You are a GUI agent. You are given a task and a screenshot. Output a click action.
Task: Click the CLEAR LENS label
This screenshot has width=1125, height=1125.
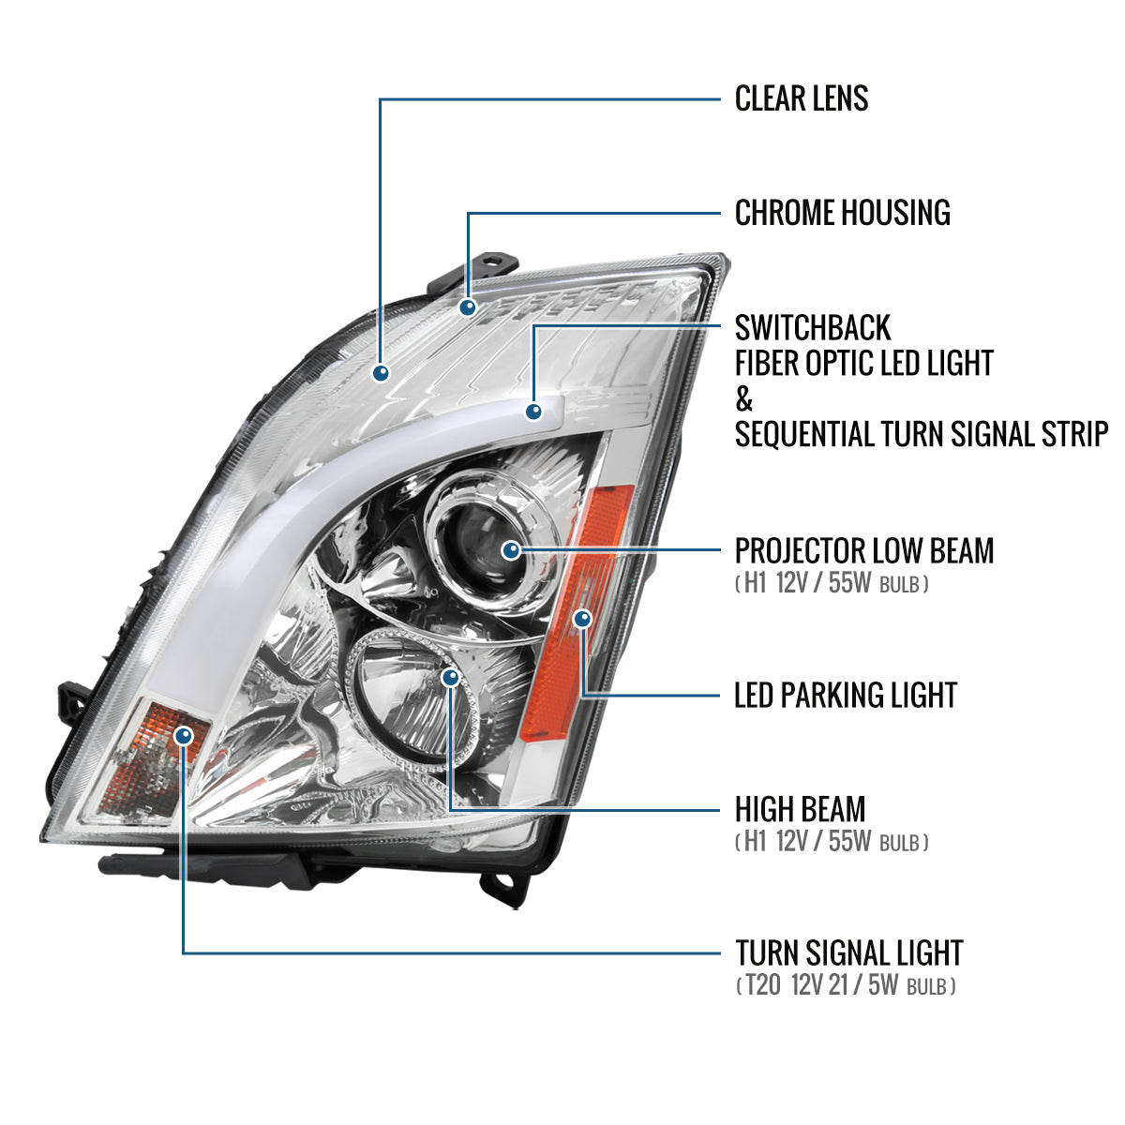click(802, 98)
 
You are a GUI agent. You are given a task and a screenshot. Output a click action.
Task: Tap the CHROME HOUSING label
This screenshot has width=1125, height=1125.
click(842, 213)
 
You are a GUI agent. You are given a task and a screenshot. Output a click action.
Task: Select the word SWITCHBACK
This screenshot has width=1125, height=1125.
click(813, 328)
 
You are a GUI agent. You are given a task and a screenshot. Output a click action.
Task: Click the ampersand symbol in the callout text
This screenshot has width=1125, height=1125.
click(744, 399)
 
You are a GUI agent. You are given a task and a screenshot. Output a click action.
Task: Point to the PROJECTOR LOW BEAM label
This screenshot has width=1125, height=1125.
click(863, 551)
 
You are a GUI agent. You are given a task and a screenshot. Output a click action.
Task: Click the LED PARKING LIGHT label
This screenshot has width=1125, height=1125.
click(846, 696)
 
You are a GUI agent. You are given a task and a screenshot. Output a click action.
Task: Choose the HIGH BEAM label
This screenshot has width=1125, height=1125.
click(800, 809)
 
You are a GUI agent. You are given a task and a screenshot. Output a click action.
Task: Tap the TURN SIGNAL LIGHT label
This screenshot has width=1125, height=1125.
click(848, 953)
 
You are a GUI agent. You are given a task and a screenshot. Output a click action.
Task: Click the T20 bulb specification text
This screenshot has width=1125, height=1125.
click(846, 986)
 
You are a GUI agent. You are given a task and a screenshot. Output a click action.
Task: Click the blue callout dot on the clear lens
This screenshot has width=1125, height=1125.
click(381, 373)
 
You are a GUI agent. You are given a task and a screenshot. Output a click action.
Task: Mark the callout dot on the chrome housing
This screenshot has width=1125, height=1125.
click(467, 307)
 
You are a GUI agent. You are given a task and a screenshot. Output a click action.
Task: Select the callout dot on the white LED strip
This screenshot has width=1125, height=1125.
click(534, 411)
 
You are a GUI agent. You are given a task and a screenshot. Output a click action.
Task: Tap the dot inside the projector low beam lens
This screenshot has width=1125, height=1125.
click(511, 550)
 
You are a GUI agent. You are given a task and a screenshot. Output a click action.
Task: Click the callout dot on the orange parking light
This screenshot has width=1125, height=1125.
click(583, 619)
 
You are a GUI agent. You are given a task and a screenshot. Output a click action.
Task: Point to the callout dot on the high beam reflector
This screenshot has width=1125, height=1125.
click(451, 677)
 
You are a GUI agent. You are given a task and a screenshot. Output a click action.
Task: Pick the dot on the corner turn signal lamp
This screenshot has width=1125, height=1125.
click(183, 735)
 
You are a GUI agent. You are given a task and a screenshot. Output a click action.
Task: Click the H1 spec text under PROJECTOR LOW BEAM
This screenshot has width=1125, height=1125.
click(832, 584)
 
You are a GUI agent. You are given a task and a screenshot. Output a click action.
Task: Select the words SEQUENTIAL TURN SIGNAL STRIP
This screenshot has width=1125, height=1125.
click(921, 435)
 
